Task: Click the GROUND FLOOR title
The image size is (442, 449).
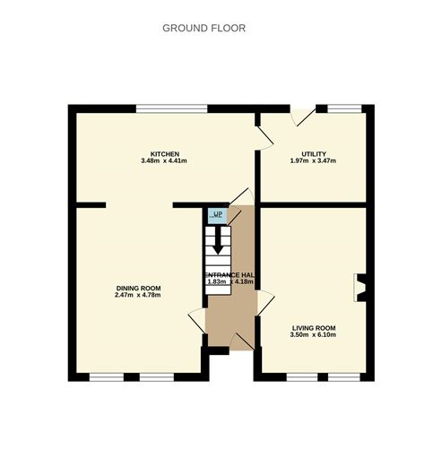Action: point(204,28)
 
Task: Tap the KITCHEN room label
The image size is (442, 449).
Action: point(165,153)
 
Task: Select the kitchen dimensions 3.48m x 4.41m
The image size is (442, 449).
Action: point(165,161)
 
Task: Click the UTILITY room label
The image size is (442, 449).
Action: point(313,153)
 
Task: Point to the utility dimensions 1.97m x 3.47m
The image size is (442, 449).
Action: point(313,161)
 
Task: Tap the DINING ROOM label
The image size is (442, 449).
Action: point(139,288)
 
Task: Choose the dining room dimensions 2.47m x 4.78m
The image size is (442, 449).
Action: point(139,296)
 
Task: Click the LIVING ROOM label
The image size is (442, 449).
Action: point(313,328)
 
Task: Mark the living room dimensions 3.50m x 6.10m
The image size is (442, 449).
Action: point(313,336)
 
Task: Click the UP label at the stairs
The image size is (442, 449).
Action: point(217,215)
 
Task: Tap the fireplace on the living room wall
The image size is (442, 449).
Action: point(361,288)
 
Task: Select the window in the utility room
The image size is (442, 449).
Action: point(343,108)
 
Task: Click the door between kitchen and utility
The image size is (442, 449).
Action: point(263,134)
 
